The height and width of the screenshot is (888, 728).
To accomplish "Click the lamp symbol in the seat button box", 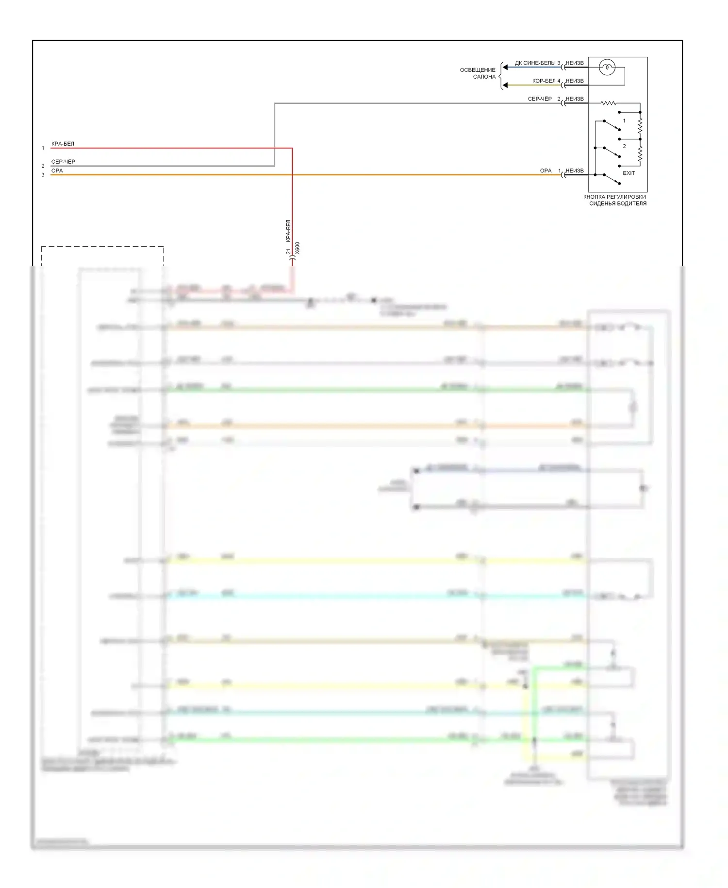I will point(607,68).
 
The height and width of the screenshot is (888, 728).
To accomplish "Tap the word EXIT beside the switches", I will point(629,173).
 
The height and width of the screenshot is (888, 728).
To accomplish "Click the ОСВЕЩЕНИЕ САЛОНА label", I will point(478,73).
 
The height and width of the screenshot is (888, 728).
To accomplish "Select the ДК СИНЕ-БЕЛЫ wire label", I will point(535,63).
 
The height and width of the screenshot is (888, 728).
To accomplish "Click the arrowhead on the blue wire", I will point(505,68).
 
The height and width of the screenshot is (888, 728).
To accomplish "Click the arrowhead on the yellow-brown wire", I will point(505,85).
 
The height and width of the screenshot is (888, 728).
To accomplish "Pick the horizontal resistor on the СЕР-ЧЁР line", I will point(609,103).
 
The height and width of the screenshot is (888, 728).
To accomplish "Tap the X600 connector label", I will point(298,248).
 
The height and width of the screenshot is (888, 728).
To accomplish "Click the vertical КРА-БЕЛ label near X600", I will point(288,231).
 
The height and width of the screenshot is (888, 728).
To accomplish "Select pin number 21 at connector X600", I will point(288,251).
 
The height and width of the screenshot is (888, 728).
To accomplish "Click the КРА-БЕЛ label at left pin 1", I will point(63,144).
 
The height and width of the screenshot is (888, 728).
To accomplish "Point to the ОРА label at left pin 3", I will point(57,171).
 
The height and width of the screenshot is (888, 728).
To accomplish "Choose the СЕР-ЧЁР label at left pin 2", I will point(63,162).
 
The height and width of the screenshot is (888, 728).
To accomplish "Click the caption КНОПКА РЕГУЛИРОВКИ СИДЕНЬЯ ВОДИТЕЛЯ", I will point(615,200).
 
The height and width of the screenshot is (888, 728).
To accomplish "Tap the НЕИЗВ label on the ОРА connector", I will point(575,171).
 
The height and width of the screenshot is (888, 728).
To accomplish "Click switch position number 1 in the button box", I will point(624,120).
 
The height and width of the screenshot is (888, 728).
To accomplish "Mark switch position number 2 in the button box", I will point(624,146).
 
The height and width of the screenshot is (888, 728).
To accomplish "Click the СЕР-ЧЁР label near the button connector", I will point(540,99).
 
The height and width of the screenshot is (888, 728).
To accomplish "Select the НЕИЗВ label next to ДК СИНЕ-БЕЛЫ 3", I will point(575,63).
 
